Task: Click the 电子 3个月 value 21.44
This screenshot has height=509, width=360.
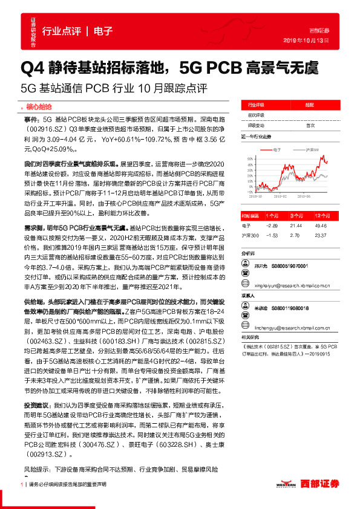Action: coord(296,224)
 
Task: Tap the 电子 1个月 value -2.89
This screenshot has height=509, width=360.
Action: coord(271,224)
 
